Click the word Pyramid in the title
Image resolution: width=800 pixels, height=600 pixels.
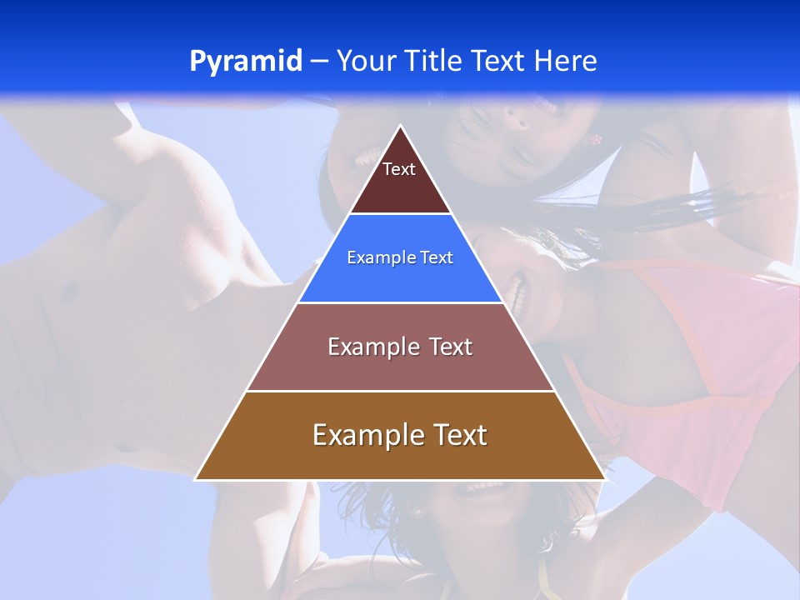(246, 61)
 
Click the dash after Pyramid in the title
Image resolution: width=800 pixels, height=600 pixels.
(319, 62)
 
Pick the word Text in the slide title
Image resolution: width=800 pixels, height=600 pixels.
(502, 61)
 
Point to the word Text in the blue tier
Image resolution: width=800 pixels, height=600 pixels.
(437, 257)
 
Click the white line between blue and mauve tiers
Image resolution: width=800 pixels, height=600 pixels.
(400, 302)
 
